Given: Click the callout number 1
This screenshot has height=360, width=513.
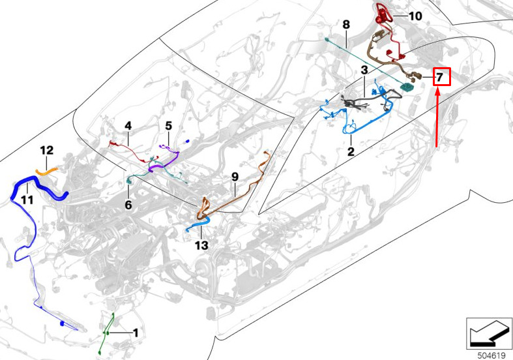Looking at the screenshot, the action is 136,333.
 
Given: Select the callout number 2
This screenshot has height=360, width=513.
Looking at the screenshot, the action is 351,151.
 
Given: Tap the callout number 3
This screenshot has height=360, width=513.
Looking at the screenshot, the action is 364,70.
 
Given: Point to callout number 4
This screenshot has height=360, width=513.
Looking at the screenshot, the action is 128,126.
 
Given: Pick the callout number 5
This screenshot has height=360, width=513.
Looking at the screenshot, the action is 168,126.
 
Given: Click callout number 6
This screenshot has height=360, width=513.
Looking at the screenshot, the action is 128,205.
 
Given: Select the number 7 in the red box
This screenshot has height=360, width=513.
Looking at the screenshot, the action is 440,77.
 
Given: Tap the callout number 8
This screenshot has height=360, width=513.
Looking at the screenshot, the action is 346,25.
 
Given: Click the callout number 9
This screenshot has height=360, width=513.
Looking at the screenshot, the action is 235,177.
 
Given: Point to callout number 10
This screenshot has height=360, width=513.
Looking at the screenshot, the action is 415,16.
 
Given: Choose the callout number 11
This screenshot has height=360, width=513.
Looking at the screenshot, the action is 27,200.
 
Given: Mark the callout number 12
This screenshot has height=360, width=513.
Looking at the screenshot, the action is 46,150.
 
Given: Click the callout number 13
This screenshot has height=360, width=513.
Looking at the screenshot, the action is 201,245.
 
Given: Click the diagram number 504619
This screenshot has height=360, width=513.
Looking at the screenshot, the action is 491,355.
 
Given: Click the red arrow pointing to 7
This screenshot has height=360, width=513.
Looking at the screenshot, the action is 437,119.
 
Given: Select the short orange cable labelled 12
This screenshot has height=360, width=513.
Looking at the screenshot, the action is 46,172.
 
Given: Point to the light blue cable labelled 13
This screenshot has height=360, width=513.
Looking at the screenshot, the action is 198,225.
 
